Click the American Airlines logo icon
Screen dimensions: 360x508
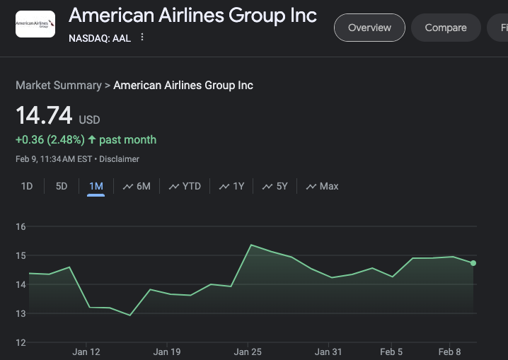35,24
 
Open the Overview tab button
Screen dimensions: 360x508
369,28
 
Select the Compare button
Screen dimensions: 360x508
445,28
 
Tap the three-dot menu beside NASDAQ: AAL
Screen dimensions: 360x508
142,37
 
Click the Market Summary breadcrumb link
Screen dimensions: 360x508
58,85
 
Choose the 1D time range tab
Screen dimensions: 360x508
27,186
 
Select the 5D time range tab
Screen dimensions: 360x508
62,186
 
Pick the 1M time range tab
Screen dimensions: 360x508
96,186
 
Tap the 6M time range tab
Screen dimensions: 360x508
137,186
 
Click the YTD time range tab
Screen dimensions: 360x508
185,186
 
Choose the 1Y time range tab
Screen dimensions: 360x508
231,186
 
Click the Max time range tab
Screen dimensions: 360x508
322,186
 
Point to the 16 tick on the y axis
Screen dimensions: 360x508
21,226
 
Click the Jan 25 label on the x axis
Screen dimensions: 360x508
248,352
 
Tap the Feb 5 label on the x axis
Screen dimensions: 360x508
391,352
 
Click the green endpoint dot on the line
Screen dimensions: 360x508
473,263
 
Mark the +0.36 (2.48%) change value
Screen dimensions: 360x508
50,139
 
